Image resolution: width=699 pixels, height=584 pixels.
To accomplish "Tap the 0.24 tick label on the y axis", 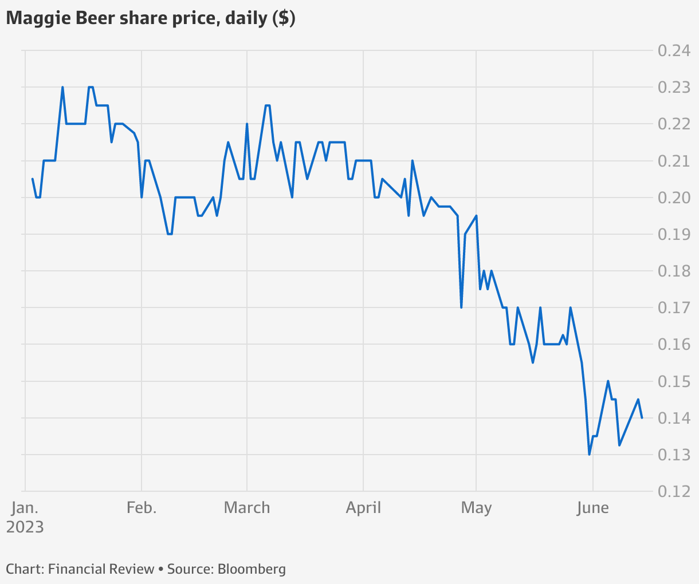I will (674, 51).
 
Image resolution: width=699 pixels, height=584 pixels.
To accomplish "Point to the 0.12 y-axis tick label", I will (674, 491).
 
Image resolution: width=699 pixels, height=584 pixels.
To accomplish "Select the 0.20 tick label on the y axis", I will (674, 198).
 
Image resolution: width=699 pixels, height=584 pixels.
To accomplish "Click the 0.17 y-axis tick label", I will (674, 307).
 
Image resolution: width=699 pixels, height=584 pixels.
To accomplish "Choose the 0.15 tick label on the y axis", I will (674, 381).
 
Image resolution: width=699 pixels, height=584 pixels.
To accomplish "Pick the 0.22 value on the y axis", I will (674, 124).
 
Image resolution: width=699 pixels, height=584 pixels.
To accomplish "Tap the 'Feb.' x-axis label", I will (142, 508).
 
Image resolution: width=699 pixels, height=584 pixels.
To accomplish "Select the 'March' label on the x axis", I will (247, 508).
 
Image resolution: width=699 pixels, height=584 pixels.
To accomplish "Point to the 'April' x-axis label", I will (363, 508).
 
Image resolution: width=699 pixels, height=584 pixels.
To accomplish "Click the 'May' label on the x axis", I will (476, 508).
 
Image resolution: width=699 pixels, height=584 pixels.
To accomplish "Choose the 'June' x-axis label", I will (593, 508).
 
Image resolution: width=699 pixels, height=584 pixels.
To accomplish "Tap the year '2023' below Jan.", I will (25, 527).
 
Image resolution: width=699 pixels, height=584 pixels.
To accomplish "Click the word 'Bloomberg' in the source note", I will (252, 569).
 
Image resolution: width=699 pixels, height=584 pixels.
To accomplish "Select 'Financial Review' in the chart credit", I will (101, 569).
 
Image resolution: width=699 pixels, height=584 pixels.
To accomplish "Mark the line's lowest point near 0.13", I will (590, 455).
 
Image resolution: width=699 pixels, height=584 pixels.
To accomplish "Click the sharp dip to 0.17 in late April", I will (461, 307).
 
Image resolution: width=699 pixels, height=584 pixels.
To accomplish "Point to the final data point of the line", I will (642, 418).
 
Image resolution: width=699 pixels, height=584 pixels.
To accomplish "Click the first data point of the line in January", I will (32, 179).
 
